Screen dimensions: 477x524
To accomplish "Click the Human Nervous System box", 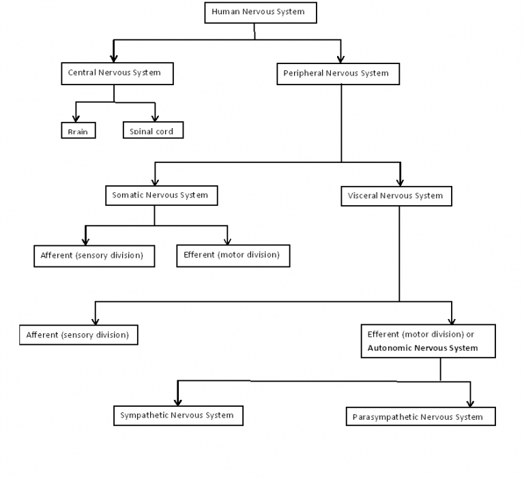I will (x=254, y=12).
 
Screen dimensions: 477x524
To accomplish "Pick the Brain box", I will (x=78, y=130).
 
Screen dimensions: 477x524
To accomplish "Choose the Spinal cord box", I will (x=153, y=130).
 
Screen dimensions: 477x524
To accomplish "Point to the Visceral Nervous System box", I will (x=395, y=196).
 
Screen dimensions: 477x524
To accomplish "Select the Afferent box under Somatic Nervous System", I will (x=93, y=256).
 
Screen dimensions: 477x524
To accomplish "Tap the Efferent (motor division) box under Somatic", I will (x=232, y=255).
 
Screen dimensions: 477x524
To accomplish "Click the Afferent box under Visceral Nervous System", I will (x=78, y=335).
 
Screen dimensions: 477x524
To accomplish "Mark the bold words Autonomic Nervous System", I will (x=422, y=348).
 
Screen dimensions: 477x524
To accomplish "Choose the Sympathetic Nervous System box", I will (x=177, y=415).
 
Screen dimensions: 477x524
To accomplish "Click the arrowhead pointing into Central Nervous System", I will (x=114, y=58).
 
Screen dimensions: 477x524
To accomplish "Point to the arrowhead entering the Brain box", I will (x=76, y=119).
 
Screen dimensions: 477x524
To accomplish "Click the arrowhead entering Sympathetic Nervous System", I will (x=177, y=402).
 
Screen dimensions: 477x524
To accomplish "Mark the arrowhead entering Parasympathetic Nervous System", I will (x=469, y=403).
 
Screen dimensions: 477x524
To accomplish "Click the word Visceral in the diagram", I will (x=363, y=196).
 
